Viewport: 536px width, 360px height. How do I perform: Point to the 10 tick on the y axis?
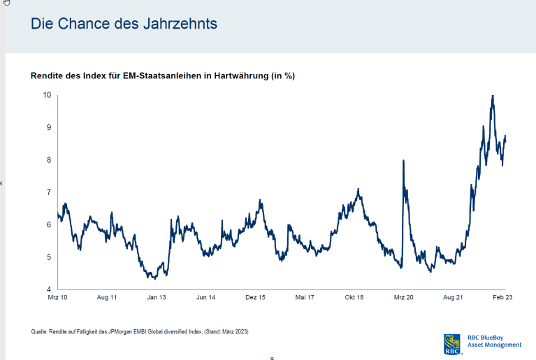[47, 94]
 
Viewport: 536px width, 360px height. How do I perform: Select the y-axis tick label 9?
[48, 127]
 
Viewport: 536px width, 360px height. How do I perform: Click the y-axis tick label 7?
[48, 192]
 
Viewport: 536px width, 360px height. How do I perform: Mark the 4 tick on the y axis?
[48, 289]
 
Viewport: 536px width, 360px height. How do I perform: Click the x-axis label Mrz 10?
[58, 298]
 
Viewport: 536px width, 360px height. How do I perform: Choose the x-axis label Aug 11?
[107, 298]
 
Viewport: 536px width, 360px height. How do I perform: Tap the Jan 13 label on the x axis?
[156, 298]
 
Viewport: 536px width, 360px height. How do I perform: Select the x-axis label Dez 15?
[255, 298]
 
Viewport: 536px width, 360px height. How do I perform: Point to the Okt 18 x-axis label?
[354, 298]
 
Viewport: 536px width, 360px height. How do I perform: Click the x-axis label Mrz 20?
[404, 298]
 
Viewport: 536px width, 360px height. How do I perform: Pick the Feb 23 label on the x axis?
[502, 298]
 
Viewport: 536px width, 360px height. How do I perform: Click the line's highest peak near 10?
[493, 96]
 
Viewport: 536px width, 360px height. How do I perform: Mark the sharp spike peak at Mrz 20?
[403, 161]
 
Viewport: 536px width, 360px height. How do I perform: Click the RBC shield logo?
[451, 343]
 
